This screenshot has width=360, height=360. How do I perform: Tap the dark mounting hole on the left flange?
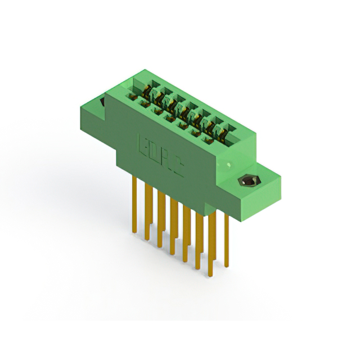[x=103, y=103]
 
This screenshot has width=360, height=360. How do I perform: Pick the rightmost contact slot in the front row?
[x=207, y=139]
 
